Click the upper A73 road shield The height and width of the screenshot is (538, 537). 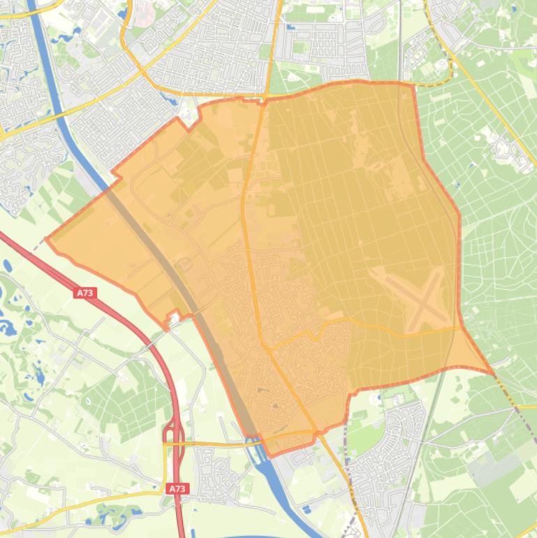tap(85, 293)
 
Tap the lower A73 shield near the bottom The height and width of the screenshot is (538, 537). tap(177, 489)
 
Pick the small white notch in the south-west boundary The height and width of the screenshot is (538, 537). tap(172, 320)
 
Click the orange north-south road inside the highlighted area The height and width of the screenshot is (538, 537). tap(251, 210)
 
